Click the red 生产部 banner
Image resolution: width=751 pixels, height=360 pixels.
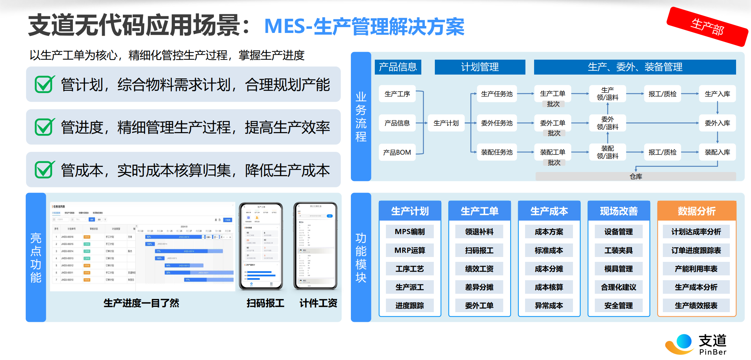(707, 27)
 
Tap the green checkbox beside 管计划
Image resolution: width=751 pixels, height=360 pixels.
(44, 84)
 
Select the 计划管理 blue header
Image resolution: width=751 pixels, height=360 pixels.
(480, 67)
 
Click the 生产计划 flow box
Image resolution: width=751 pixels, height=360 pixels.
(446, 123)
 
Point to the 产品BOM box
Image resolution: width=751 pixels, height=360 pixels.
(397, 152)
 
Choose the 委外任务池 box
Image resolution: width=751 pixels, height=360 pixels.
(497, 123)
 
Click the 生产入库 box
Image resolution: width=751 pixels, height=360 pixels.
(717, 94)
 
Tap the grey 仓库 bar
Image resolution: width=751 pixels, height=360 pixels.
(635, 177)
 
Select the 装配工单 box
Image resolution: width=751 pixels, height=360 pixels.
(552, 152)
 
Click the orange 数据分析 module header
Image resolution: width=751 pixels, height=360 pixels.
(697, 211)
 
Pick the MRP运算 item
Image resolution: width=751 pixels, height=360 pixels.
(410, 250)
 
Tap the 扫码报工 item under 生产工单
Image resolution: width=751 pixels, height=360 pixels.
(479, 250)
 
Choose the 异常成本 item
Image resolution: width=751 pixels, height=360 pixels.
(549, 306)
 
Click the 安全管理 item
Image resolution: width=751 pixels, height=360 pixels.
(618, 306)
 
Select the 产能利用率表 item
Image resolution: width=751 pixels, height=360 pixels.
(696, 269)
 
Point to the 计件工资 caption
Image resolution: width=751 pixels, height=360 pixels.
(318, 303)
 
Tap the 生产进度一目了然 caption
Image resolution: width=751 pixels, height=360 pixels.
(141, 303)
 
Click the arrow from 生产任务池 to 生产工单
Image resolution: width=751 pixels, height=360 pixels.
(525, 94)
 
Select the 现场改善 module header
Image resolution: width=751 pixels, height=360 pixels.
(619, 211)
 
